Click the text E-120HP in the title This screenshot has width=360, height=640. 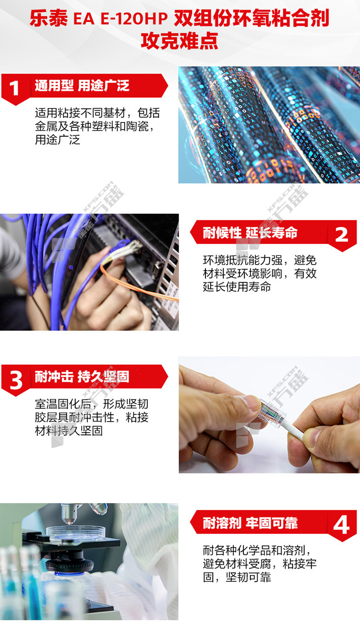pos(134,19)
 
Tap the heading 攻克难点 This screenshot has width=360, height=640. pos(180,41)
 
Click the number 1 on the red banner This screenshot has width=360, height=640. pos(14,88)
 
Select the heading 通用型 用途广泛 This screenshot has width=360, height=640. pos(82,85)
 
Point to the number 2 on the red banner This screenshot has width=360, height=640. pos(341,235)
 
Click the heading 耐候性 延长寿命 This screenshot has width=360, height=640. pos(250,232)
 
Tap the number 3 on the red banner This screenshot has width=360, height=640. pos(16,380)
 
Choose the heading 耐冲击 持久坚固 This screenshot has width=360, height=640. pos(82,376)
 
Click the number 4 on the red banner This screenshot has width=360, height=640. pos(341,525)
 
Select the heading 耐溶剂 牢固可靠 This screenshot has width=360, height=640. pos(250,523)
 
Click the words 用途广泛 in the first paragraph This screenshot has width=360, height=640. pos(58,140)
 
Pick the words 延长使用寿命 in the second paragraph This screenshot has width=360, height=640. pos(237,287)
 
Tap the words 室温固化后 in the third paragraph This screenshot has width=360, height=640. pos(63,404)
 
